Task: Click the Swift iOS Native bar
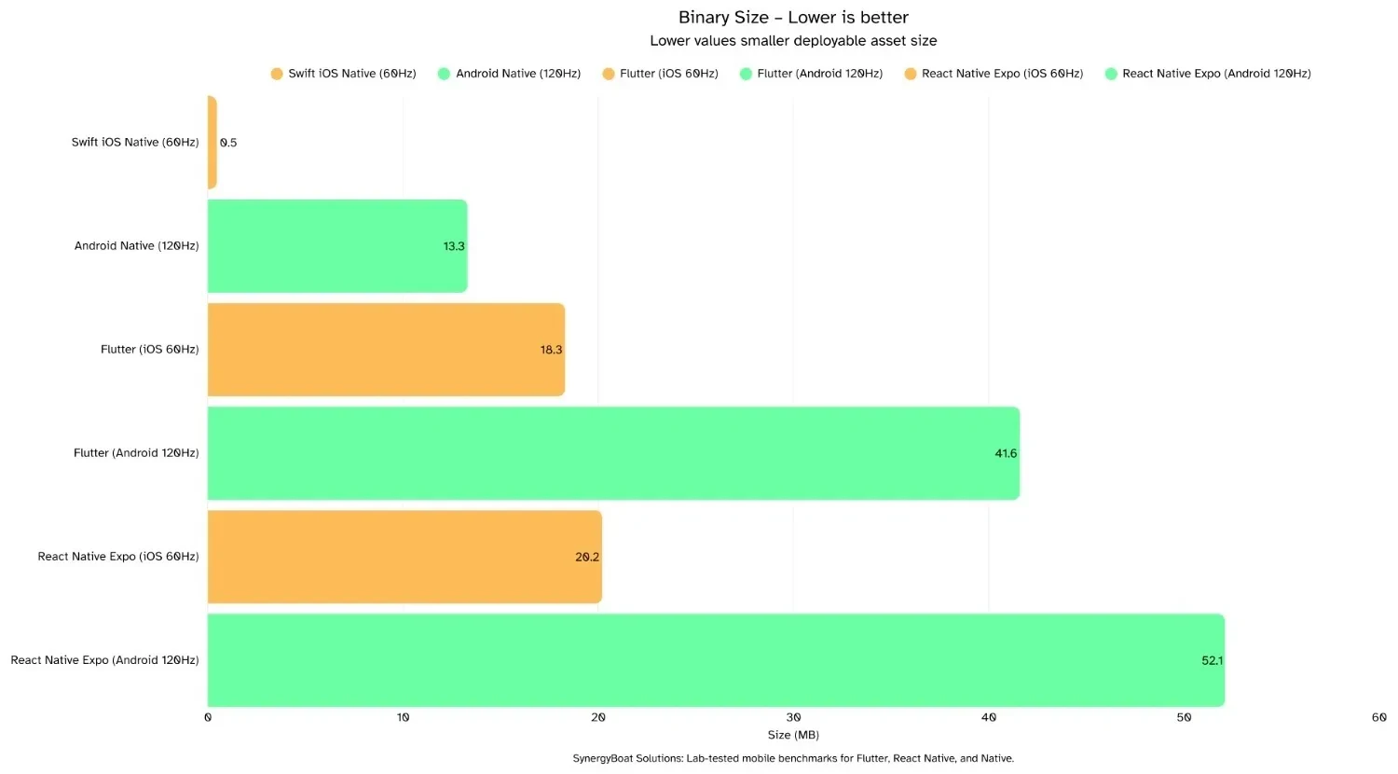[212, 143]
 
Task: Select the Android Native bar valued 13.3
[336, 246]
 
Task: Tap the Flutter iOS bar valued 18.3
[386, 350]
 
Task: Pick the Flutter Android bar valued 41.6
[613, 453]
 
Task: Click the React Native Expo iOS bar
[404, 557]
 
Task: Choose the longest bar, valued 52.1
[716, 660]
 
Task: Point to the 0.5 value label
[228, 143]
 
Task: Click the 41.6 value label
[1006, 453]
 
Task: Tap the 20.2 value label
[587, 557]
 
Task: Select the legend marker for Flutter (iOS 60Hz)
[609, 74]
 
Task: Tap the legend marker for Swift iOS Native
[277, 74]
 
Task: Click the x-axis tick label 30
[793, 717]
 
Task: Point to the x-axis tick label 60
[1378, 717]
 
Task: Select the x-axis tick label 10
[403, 717]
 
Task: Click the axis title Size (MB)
[793, 735]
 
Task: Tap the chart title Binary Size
[793, 18]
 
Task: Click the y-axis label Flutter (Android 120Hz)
[136, 453]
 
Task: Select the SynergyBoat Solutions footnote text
[793, 758]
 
